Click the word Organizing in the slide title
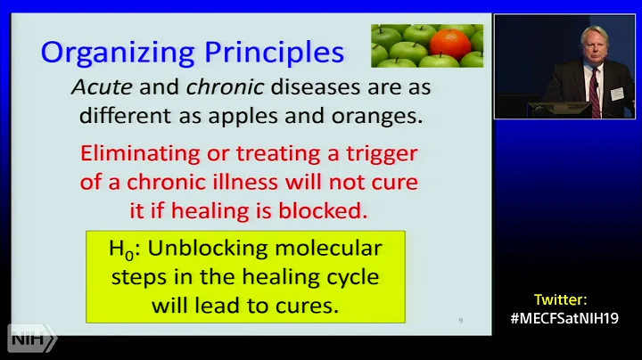pos(111,53)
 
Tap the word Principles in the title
pos(267,53)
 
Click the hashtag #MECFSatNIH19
pos(564,318)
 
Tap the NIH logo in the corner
pos(32,339)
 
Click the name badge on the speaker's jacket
pos(616,94)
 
